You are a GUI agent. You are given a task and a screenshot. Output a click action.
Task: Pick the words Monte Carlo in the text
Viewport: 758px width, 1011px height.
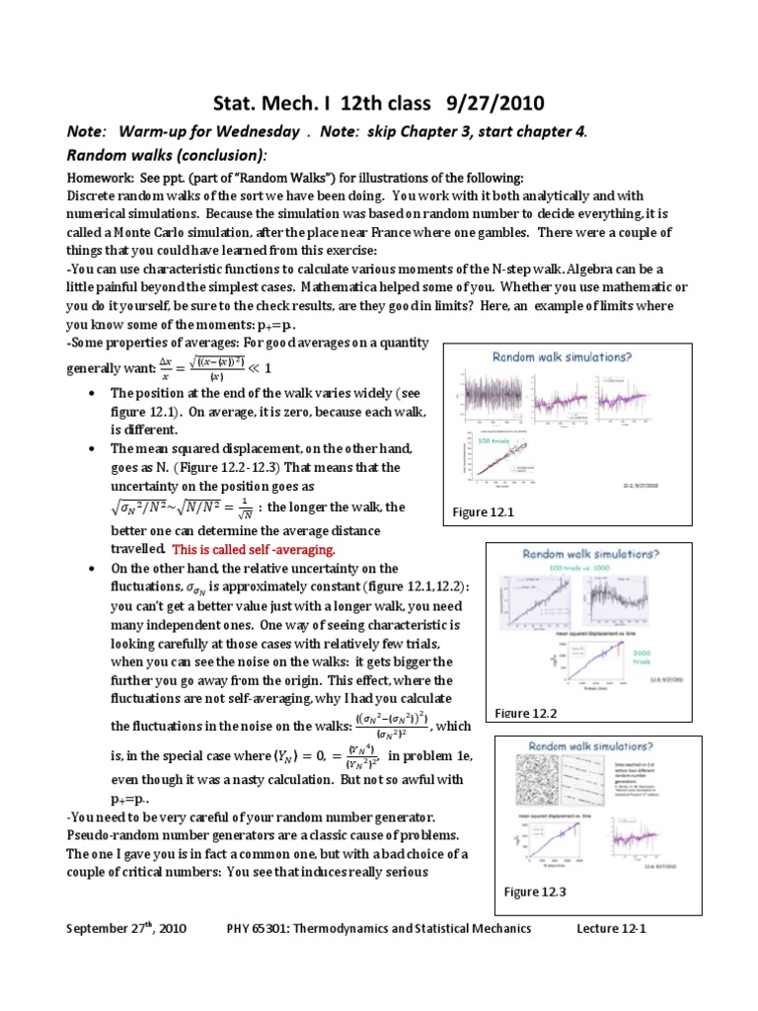pos(142,214)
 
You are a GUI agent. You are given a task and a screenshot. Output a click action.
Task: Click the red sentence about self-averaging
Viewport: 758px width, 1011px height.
pos(254,549)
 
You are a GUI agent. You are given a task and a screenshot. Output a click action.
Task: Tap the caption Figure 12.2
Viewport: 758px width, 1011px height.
pos(526,712)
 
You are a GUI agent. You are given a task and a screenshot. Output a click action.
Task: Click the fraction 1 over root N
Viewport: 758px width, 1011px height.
pos(249,509)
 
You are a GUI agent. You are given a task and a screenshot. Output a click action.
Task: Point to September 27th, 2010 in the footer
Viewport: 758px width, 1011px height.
pos(126,928)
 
